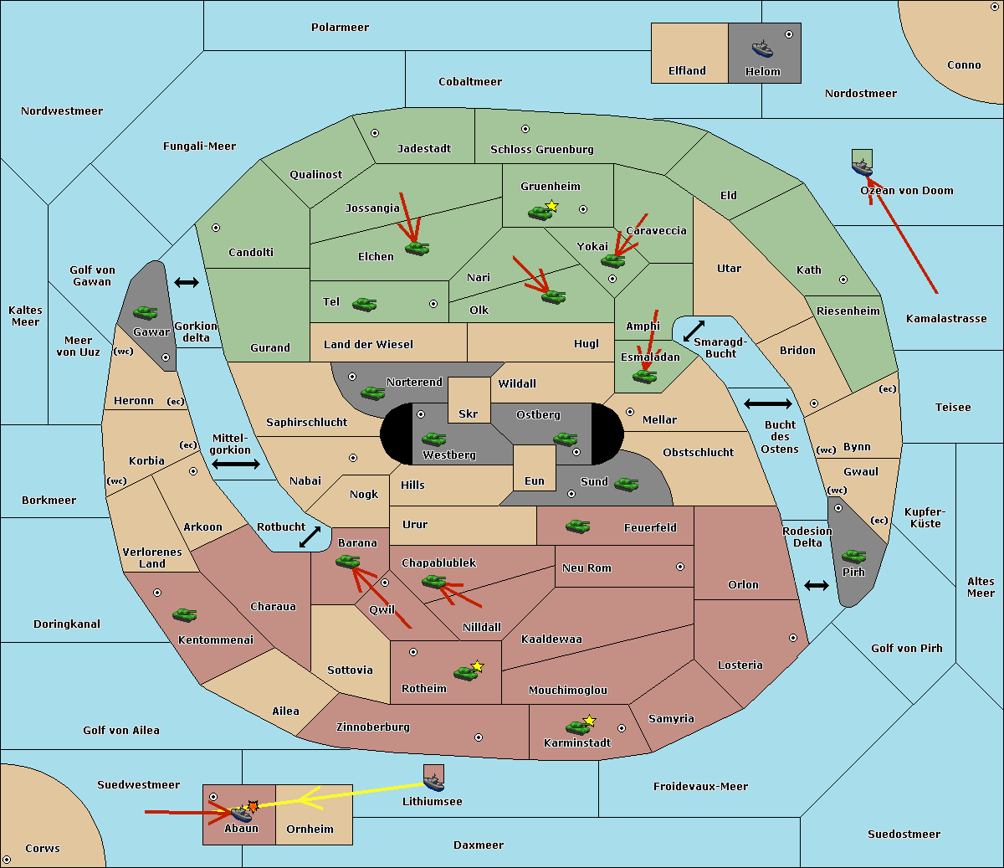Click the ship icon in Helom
(x=762, y=49)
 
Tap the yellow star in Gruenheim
(x=552, y=206)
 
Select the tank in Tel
(x=364, y=305)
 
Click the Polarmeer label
(x=340, y=28)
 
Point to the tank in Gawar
(x=146, y=312)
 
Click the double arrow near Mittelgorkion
(x=236, y=464)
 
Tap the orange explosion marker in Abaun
(x=253, y=807)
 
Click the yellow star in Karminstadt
(x=589, y=720)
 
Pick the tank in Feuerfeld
(x=577, y=526)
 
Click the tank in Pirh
(x=853, y=556)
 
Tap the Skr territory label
(x=469, y=413)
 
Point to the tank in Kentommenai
(x=185, y=615)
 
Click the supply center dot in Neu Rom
(x=680, y=567)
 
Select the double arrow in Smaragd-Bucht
(x=694, y=331)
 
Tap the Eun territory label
(x=535, y=480)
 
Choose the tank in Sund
(x=626, y=484)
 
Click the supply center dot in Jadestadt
(x=375, y=133)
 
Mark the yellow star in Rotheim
(x=478, y=665)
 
